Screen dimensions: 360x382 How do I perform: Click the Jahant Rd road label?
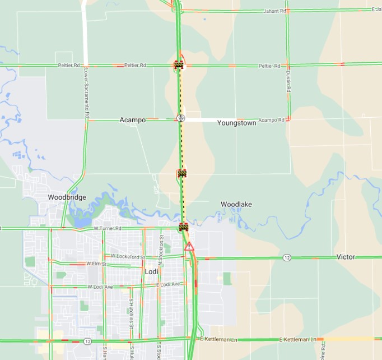(276, 11)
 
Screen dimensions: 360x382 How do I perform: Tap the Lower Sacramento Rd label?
(87, 93)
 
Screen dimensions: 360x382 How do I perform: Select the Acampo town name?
(133, 121)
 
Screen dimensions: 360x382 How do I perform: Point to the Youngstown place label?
(236, 123)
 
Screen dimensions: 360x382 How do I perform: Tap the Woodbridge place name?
(67, 197)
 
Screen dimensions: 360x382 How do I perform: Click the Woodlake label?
(236, 205)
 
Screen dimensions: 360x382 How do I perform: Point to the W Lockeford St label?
(128, 256)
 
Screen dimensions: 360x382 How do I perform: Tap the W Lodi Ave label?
(100, 287)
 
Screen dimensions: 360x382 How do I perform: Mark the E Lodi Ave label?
(168, 284)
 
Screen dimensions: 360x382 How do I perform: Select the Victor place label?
(346, 257)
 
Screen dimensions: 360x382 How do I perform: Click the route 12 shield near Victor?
(287, 257)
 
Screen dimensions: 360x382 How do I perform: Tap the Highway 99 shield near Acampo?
(180, 118)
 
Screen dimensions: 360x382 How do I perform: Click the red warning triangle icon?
(189, 246)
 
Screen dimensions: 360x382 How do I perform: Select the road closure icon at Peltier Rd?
(179, 64)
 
